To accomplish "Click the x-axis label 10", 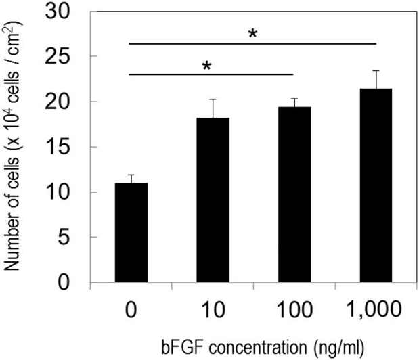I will pos(213,311).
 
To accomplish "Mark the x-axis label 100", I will pos(294,311).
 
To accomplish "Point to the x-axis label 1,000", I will pos(376,311).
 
